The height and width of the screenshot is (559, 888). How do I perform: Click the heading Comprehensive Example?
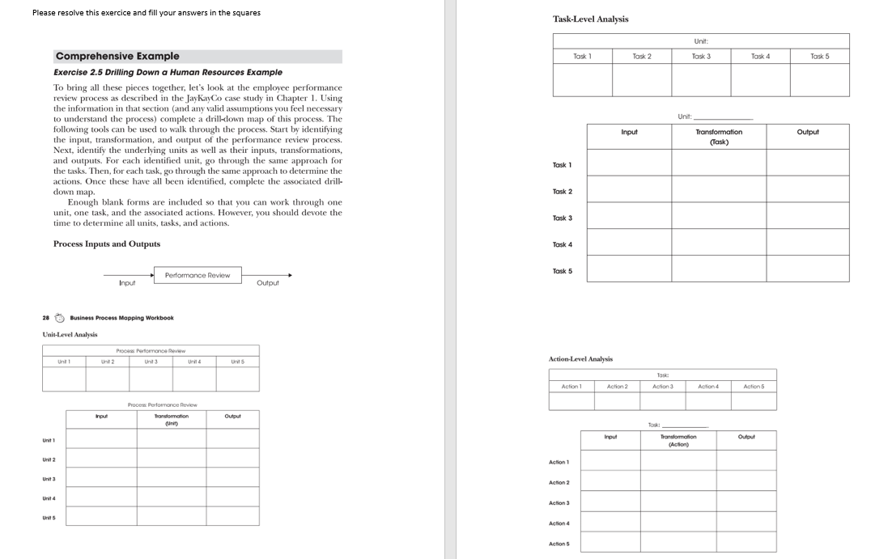pyautogui.click(x=117, y=57)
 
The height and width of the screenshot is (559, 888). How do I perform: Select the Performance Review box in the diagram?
pyautogui.click(x=197, y=275)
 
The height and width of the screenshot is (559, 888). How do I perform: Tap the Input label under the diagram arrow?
pyautogui.click(x=127, y=283)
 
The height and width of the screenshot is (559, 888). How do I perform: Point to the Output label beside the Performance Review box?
pyautogui.click(x=267, y=283)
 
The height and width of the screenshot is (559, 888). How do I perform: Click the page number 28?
pyautogui.click(x=46, y=318)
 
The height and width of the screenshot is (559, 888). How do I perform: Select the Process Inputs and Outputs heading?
pyautogui.click(x=107, y=244)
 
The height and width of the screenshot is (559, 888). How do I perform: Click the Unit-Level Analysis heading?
pyautogui.click(x=70, y=334)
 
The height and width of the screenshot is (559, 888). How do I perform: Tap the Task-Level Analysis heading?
pyautogui.click(x=590, y=19)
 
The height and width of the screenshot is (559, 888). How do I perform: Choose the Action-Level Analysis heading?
pyautogui.click(x=580, y=358)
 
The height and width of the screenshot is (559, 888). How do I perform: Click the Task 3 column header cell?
pyautogui.click(x=701, y=57)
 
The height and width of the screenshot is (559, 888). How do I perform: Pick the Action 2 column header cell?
pyautogui.click(x=617, y=387)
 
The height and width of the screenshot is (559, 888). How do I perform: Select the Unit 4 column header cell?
pyautogui.click(x=193, y=361)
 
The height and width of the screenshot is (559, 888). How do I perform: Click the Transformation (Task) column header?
pyautogui.click(x=718, y=136)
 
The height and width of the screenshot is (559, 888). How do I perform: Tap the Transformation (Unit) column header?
pyautogui.click(x=171, y=419)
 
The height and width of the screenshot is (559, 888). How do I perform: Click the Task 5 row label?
pyautogui.click(x=562, y=271)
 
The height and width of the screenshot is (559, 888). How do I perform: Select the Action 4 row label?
pyautogui.click(x=559, y=523)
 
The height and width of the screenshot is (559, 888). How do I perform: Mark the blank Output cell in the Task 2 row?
pyautogui.click(x=807, y=189)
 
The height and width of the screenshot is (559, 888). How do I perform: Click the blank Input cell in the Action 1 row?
pyautogui.click(x=610, y=460)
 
